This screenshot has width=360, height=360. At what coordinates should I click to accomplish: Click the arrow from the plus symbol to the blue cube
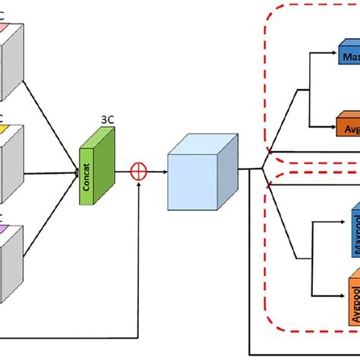tap(156, 172)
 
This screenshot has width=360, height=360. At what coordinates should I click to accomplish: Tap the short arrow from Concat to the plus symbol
tap(125, 172)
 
